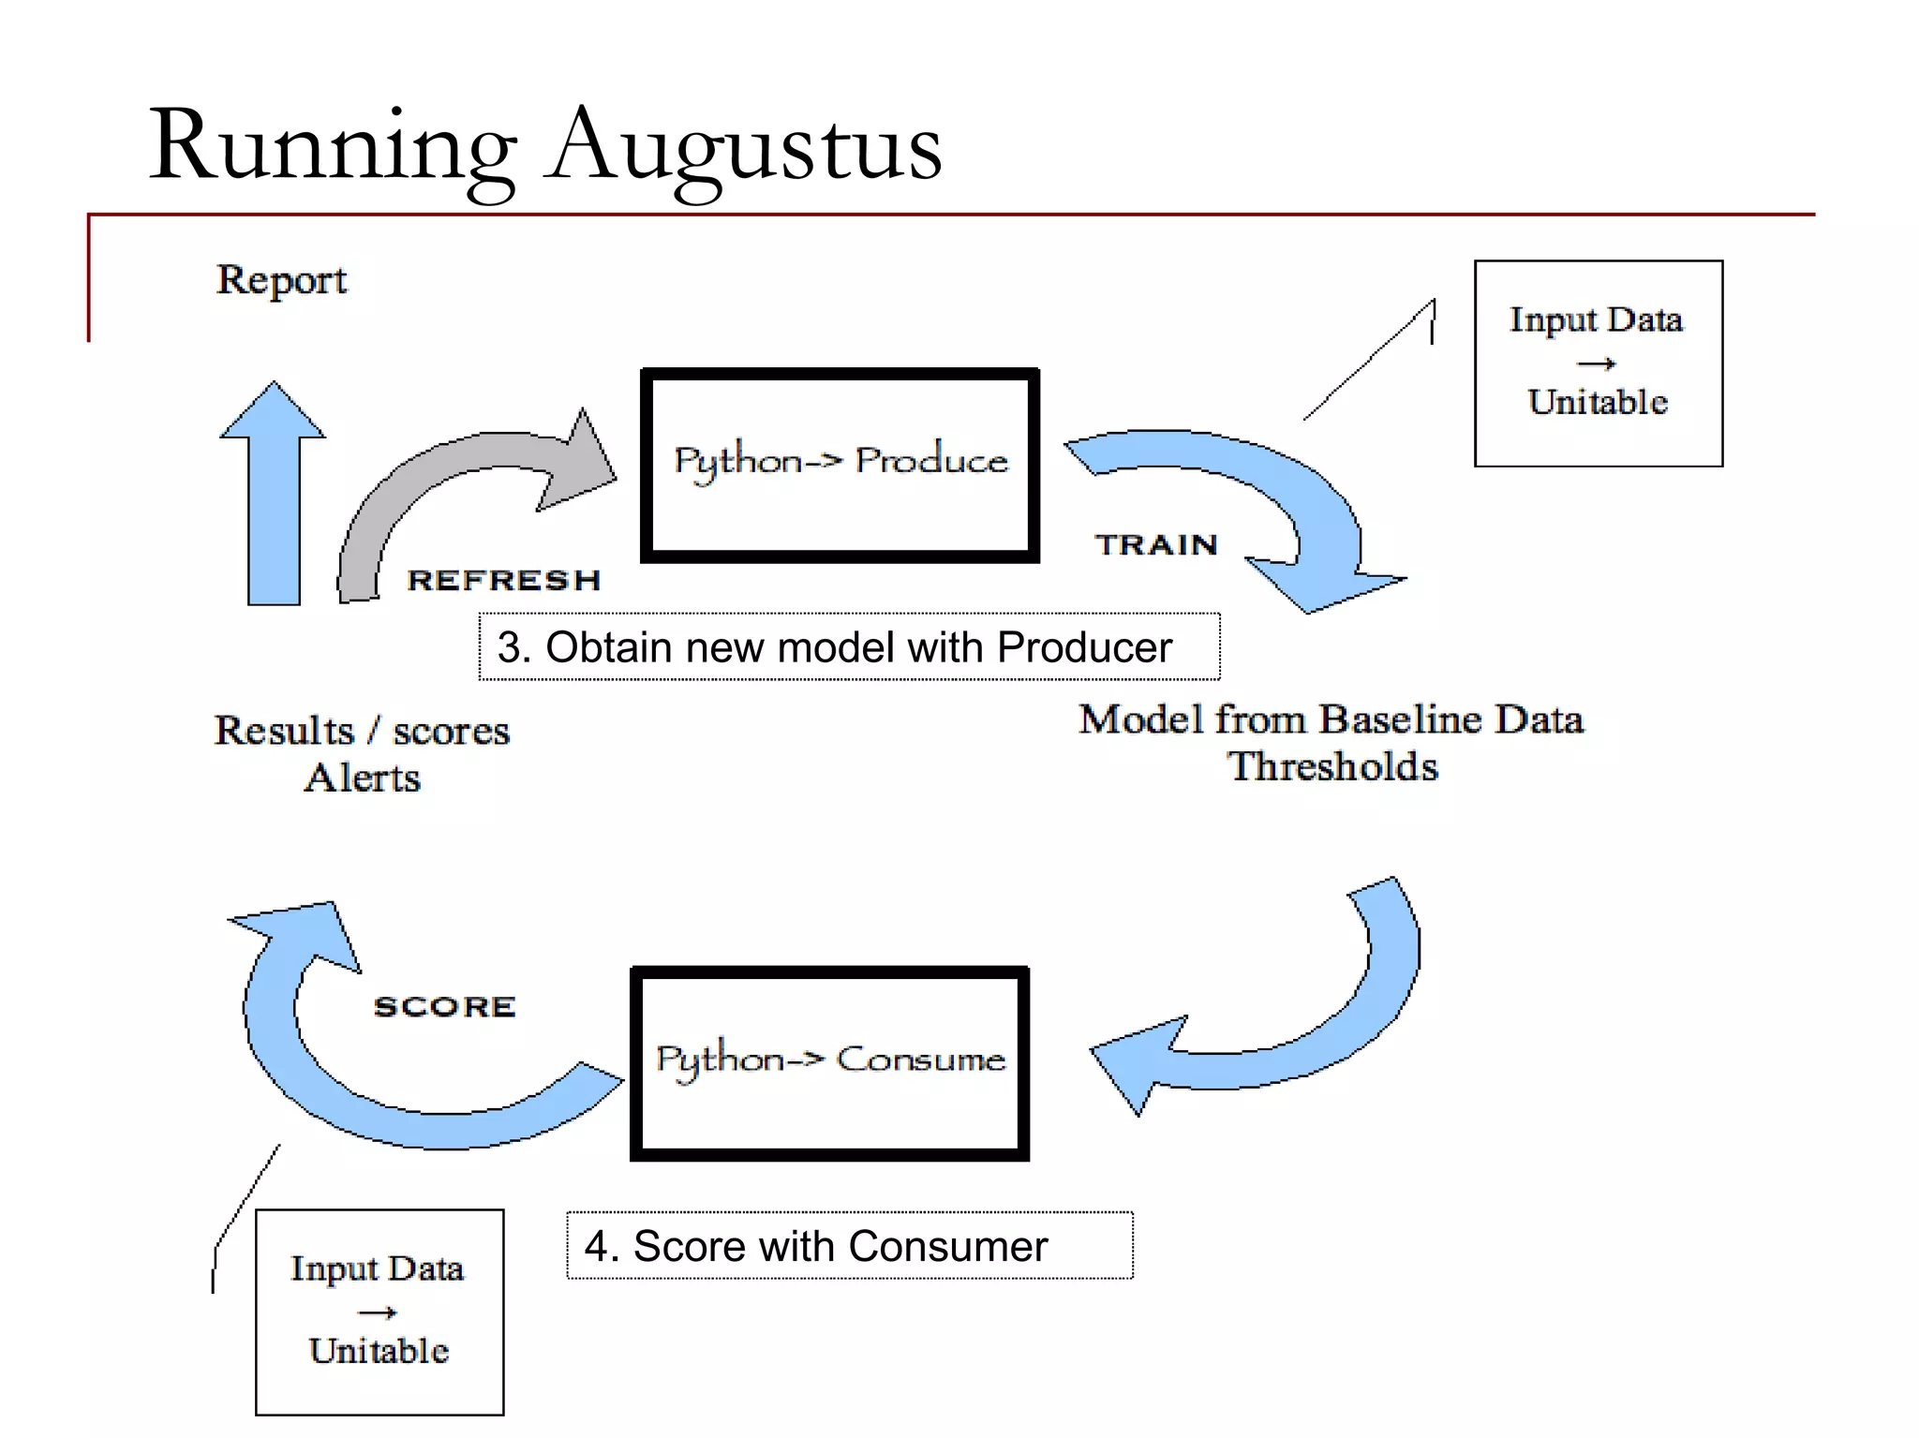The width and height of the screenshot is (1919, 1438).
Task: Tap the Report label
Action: (x=281, y=279)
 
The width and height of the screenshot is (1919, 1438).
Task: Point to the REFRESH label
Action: (x=503, y=580)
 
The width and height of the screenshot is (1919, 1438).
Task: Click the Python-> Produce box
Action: (x=840, y=465)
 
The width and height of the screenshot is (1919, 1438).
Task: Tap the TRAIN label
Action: (x=1156, y=544)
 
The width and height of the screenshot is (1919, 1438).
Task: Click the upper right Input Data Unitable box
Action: (x=1598, y=363)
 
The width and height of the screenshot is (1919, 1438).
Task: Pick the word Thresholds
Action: (x=1332, y=766)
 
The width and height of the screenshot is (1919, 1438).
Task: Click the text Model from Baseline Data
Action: (x=1331, y=719)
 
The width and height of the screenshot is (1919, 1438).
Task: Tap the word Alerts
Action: (x=363, y=778)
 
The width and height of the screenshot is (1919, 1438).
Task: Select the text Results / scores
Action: (x=362, y=731)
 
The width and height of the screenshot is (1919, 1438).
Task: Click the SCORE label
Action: (x=444, y=1006)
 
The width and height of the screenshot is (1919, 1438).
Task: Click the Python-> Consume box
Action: (x=830, y=1063)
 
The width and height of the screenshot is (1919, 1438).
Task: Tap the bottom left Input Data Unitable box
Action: (x=379, y=1312)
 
